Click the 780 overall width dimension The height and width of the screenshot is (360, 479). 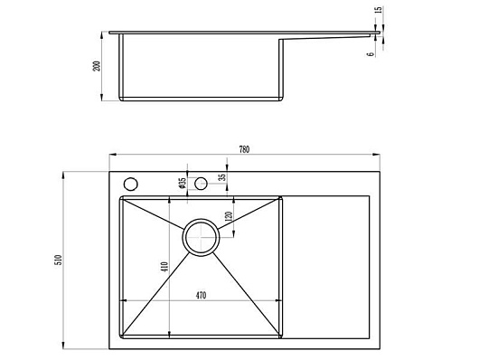(244, 149)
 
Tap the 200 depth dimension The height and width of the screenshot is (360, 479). (96, 66)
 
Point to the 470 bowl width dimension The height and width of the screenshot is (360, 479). (201, 296)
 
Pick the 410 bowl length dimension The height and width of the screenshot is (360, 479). (164, 267)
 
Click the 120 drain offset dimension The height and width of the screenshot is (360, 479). (229, 216)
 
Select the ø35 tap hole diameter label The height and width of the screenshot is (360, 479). (183, 183)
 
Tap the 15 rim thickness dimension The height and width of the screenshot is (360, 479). (378, 9)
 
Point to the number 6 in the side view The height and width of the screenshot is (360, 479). (371, 54)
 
